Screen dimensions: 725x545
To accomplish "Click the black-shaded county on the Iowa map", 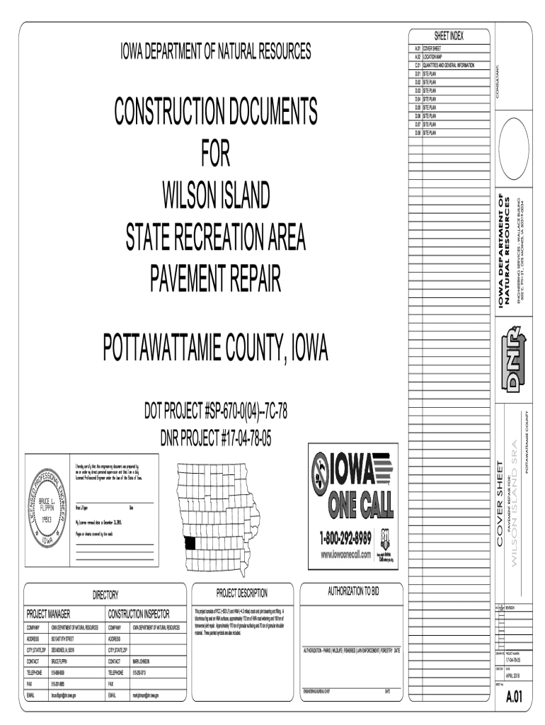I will coord(190,543).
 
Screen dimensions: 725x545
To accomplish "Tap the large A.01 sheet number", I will coord(514,697).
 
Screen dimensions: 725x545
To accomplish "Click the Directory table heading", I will coord(106,595).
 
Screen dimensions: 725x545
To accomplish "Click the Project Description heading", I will coord(242,593).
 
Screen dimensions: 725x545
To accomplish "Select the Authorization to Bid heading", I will coord(352,589).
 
